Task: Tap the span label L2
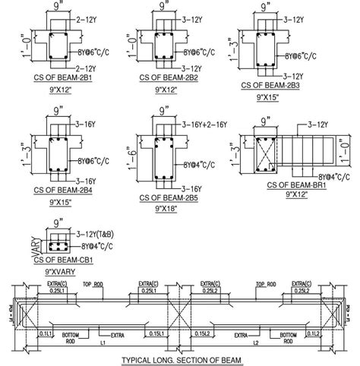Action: click(251, 344)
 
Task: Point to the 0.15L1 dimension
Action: click(157, 333)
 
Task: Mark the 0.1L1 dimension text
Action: click(46, 333)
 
